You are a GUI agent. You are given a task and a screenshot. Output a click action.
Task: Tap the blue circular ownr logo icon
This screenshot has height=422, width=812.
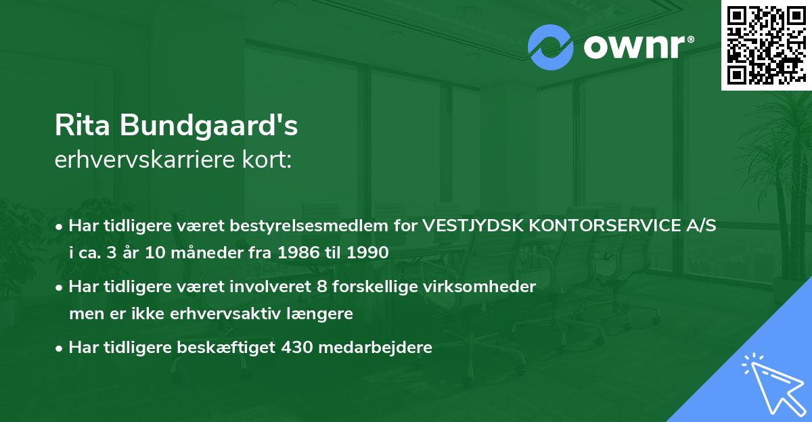click(x=550, y=47)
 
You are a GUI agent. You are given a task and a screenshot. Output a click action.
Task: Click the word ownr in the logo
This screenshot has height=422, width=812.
click(x=634, y=48)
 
